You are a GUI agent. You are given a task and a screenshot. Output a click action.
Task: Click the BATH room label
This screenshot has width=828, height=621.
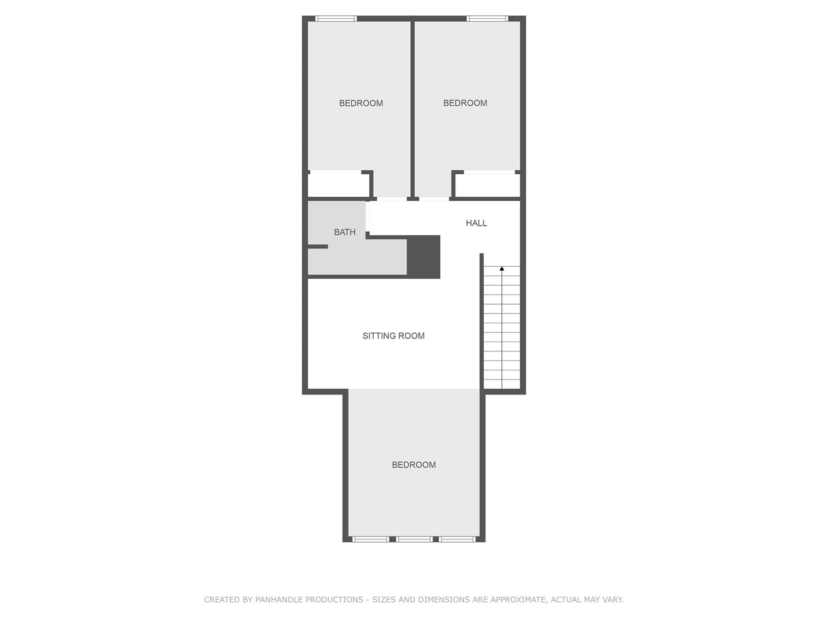[344, 232]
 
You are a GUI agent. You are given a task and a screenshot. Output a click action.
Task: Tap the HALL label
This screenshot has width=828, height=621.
[476, 223]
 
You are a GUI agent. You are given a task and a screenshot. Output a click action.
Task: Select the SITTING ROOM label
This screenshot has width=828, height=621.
[393, 336]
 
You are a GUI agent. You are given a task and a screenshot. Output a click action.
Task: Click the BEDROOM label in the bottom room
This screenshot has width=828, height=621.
[413, 465]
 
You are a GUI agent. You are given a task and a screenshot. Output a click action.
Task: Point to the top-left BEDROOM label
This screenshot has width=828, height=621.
[361, 103]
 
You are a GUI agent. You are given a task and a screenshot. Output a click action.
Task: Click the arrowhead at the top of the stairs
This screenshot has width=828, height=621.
[502, 269]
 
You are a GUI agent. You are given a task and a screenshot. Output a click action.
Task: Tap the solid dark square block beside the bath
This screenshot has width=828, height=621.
[423, 257]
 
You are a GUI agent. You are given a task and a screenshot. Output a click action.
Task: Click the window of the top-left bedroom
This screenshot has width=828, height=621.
[336, 18]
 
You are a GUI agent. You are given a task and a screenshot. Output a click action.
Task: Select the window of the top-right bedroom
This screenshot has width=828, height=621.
[488, 18]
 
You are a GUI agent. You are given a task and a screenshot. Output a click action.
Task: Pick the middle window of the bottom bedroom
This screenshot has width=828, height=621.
[414, 539]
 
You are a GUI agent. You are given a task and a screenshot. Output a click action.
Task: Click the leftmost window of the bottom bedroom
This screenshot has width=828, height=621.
[370, 539]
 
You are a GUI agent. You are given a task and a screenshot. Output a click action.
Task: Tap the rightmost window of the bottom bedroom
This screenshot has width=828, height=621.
[457, 539]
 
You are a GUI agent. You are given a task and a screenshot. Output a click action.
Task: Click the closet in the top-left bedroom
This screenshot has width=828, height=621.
[338, 185]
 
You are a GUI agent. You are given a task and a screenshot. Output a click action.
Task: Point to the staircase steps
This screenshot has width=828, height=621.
[502, 327]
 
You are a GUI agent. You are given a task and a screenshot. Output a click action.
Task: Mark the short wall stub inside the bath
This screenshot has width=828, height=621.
[317, 247]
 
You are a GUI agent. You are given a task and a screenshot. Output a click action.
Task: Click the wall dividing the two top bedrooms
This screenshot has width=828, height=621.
[413, 109]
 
